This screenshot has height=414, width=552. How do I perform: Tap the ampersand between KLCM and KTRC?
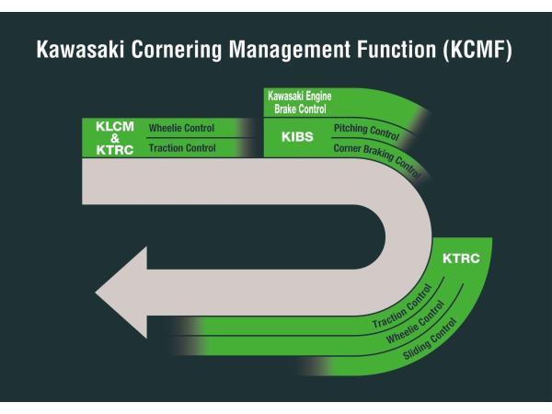114,138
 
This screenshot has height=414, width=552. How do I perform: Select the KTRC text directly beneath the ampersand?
114,149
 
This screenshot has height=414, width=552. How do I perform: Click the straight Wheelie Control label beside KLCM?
182,128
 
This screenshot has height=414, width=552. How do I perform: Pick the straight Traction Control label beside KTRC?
182,148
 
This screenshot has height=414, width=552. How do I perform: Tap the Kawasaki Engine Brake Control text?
299,102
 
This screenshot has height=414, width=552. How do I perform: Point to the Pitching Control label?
365,132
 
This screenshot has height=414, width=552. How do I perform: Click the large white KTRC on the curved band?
459,259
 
